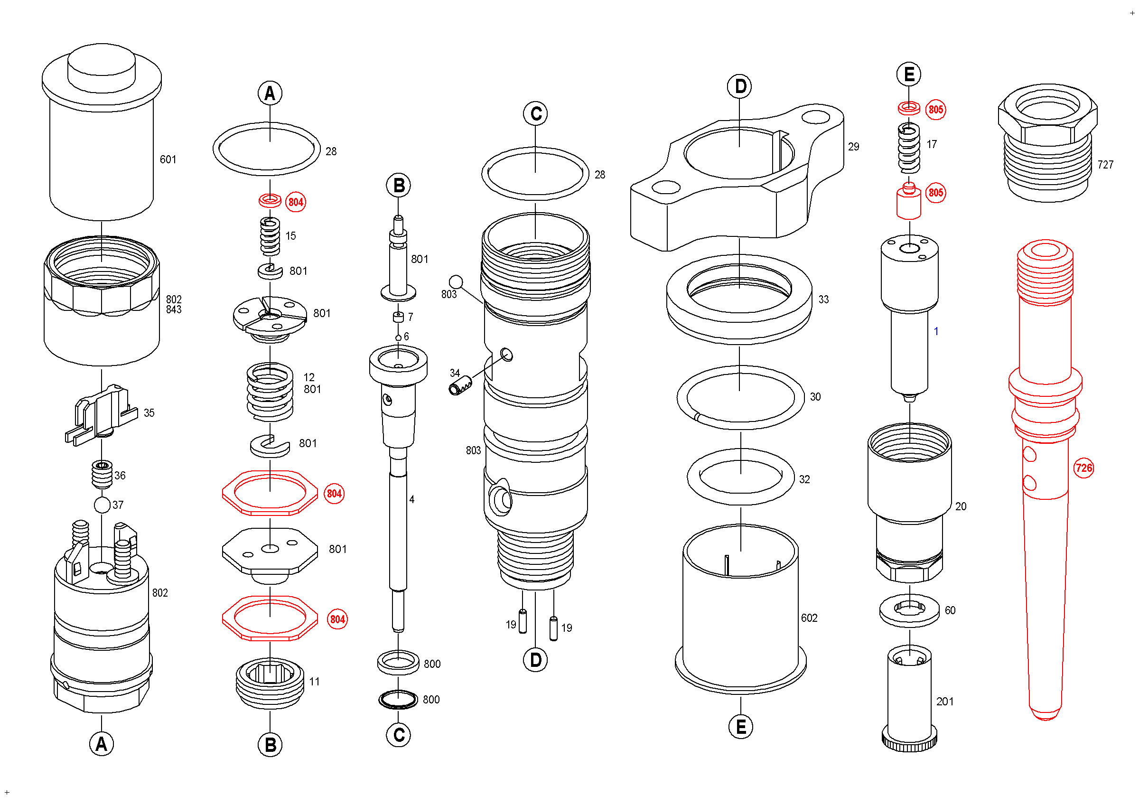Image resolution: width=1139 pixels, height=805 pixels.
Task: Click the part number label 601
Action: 168,159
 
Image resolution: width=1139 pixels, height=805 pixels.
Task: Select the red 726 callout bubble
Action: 1083,468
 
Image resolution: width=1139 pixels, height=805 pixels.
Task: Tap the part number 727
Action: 1105,165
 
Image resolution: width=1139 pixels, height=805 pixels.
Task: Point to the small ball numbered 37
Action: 102,505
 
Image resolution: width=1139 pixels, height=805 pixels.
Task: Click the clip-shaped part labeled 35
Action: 102,414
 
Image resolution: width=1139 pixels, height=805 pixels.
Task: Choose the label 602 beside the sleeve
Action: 809,618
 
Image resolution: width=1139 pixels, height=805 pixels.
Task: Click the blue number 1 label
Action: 936,331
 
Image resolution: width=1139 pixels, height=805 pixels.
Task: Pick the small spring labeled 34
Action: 460,386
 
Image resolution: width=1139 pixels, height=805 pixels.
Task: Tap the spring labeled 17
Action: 909,148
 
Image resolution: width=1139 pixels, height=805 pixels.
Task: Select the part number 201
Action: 944,702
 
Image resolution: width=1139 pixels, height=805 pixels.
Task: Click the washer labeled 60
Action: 909,610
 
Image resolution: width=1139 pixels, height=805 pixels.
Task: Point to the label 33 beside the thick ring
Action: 823,299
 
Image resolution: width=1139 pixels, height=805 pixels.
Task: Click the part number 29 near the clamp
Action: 853,146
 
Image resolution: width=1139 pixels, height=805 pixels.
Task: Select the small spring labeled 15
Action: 270,236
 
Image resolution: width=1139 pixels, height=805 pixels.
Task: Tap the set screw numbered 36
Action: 102,474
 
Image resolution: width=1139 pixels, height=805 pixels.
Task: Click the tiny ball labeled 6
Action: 398,338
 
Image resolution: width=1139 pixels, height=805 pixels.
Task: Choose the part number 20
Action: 961,506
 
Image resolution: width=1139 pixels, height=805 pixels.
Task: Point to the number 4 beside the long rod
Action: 412,499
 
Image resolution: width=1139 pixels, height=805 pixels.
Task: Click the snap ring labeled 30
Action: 740,397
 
